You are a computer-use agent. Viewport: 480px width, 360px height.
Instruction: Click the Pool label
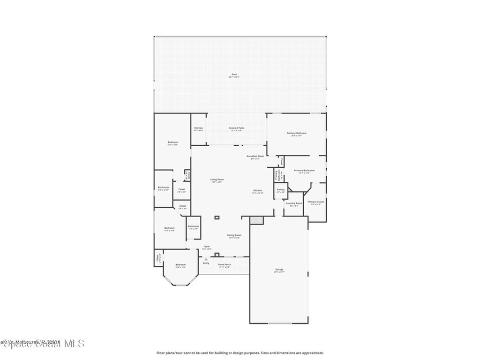tap(233, 75)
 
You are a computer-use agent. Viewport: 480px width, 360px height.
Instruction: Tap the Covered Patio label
tap(236, 128)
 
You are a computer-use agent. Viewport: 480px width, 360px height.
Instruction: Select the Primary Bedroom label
tap(296, 134)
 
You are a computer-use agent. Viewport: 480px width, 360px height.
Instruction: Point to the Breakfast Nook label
tap(255, 157)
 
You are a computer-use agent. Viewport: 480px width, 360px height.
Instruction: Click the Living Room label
tap(217, 180)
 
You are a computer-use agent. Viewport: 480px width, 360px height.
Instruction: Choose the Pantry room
tap(280, 190)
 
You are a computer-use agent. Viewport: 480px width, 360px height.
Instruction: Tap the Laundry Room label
tap(294, 204)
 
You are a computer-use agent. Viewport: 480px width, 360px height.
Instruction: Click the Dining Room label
tap(234, 236)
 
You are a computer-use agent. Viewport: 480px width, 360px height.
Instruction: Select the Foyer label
tap(206, 247)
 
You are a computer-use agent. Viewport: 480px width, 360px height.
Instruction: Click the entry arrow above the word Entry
tap(206, 258)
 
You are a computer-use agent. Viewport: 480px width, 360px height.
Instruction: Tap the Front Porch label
tap(224, 265)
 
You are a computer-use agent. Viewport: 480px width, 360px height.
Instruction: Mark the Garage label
tap(279, 270)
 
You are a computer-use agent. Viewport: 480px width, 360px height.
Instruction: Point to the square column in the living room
tap(217, 217)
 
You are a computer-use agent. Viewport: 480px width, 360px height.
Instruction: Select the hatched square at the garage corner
tap(257, 220)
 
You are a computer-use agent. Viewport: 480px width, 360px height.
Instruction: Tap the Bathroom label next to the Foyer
tap(194, 227)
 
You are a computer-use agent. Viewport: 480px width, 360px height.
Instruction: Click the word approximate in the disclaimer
tap(314, 353)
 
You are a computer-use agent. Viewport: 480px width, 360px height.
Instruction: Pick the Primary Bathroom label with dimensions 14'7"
tap(304, 171)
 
